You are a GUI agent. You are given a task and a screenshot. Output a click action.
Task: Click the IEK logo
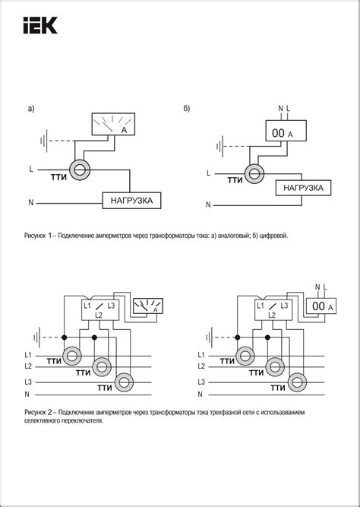tap(40, 25)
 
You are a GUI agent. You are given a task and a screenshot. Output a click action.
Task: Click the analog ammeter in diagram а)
tap(113, 124)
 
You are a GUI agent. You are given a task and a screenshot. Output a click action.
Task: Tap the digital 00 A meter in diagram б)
tap(286, 131)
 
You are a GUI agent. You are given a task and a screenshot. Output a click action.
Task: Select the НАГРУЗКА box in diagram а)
tap(131, 201)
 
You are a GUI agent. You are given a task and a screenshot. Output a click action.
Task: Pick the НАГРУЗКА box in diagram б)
tap(303, 188)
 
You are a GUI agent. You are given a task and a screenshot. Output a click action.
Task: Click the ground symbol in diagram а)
tap(44, 141)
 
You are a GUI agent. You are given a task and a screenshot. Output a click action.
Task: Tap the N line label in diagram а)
tap(30, 203)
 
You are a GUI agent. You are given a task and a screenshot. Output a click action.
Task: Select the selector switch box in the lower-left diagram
tap(99, 310)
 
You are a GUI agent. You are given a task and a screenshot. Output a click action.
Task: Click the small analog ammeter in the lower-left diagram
tap(148, 306)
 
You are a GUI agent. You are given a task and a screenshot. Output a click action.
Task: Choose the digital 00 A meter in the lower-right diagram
tap(321, 306)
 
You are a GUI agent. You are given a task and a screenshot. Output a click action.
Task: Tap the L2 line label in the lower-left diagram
tap(28, 366)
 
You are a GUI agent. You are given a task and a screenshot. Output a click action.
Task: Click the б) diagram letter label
tap(187, 109)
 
